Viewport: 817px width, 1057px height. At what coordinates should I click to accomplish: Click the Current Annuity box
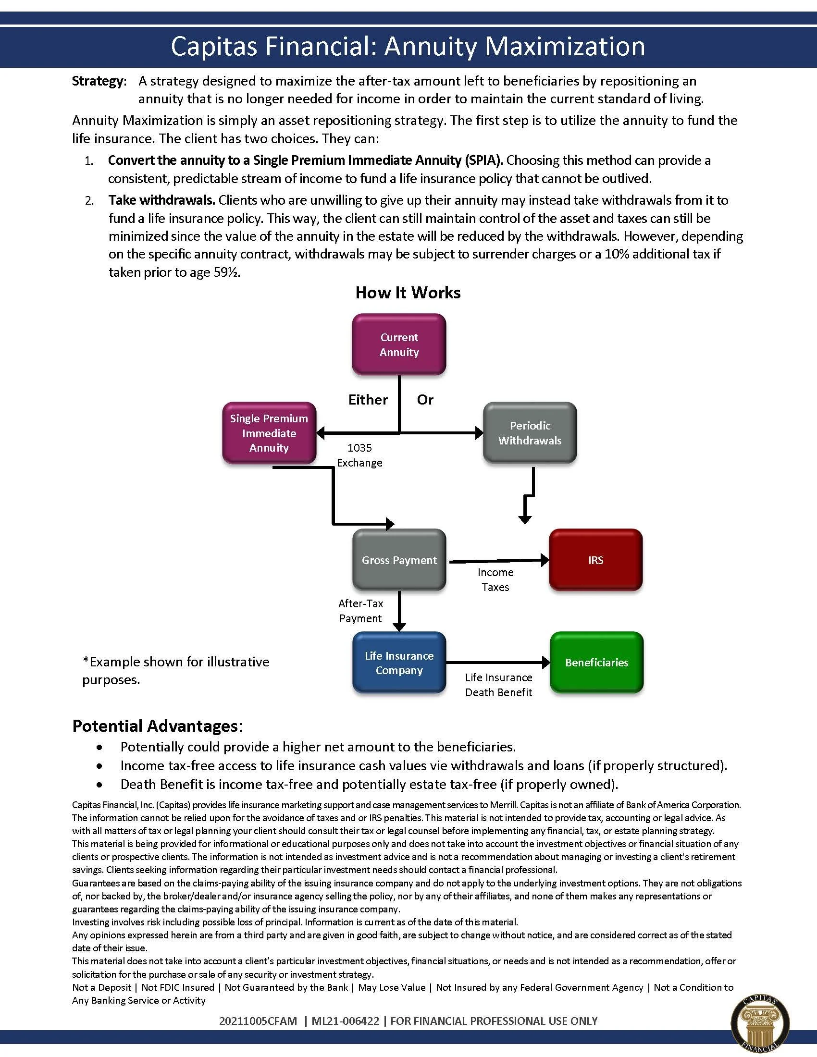tap(399, 344)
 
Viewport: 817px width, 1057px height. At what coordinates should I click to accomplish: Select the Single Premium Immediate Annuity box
tap(269, 433)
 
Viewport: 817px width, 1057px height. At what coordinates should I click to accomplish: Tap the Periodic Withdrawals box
tap(530, 433)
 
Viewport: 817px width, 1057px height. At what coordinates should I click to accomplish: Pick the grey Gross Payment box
tap(399, 560)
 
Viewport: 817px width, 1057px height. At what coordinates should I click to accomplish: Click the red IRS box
tap(596, 560)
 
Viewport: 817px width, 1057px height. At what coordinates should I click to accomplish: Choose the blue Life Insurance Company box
tap(399, 663)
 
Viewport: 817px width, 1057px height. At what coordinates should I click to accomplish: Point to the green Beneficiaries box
tap(597, 663)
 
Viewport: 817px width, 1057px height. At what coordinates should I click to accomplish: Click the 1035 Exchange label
tap(359, 455)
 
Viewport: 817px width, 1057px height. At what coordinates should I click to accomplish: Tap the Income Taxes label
tap(495, 580)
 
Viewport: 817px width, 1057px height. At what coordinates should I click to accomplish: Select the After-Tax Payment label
tap(360, 611)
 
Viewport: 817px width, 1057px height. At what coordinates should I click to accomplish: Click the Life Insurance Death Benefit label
tap(498, 685)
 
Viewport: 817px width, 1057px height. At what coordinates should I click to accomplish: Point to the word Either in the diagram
tap(368, 400)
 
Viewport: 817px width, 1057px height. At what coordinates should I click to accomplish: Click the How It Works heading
tap(408, 293)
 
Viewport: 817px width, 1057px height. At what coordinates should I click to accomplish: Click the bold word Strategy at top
tap(98, 81)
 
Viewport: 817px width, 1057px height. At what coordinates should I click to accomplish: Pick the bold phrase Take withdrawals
tap(161, 200)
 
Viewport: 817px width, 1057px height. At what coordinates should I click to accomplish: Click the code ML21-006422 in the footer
tap(345, 1020)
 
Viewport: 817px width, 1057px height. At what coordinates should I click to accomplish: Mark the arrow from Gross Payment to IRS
tap(498, 561)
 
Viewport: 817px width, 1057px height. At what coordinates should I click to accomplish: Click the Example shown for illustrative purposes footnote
tap(176, 670)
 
